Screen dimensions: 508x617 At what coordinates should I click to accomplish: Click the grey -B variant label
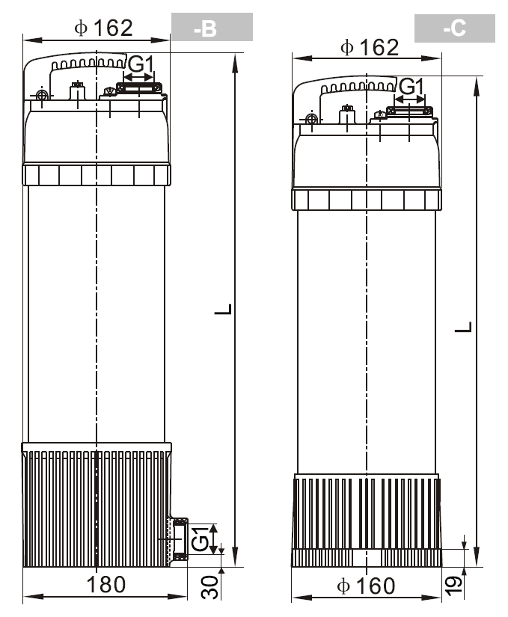pyautogui.click(x=212, y=27)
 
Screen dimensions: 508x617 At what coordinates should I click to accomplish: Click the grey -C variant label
pyautogui.click(x=454, y=28)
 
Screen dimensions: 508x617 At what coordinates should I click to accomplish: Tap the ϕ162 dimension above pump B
pyautogui.click(x=103, y=28)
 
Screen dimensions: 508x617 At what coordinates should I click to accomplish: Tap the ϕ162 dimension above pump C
pyautogui.click(x=370, y=48)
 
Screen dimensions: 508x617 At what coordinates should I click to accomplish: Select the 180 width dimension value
pyautogui.click(x=106, y=585)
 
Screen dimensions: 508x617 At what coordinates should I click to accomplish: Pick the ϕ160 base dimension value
pyautogui.click(x=366, y=586)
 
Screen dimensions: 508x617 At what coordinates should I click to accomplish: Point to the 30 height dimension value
pyautogui.click(x=209, y=588)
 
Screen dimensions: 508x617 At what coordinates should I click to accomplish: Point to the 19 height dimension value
pyautogui.click(x=453, y=586)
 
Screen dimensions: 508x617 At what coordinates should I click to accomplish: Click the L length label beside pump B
pyautogui.click(x=223, y=310)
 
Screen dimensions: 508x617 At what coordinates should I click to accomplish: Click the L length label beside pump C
pyautogui.click(x=463, y=327)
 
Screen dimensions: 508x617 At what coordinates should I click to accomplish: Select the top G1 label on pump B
pyautogui.click(x=141, y=64)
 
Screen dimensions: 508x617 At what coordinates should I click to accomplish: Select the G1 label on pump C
pyautogui.click(x=411, y=86)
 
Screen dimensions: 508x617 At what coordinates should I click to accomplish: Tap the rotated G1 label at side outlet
pyautogui.click(x=200, y=538)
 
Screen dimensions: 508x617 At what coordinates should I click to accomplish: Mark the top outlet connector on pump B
pyautogui.click(x=139, y=88)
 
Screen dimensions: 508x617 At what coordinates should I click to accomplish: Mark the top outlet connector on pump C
pyautogui.click(x=410, y=111)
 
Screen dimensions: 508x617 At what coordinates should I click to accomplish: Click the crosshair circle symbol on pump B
pyautogui.click(x=42, y=95)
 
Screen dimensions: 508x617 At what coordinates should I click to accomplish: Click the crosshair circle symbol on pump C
pyautogui.click(x=311, y=119)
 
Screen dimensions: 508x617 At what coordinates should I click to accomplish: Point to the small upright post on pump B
pyautogui.click(x=78, y=90)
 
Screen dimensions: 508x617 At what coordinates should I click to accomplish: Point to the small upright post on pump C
pyautogui.click(x=347, y=114)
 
